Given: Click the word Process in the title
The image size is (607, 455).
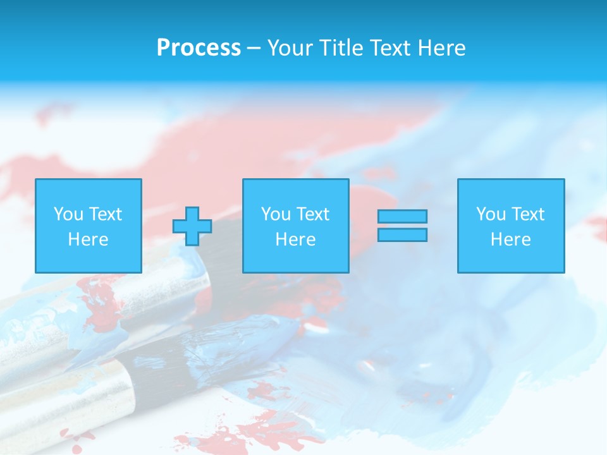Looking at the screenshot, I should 199,48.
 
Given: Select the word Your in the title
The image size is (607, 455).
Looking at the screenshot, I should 290,48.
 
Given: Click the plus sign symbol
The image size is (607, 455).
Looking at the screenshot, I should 192,226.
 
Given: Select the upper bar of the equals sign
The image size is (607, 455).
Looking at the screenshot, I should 402,216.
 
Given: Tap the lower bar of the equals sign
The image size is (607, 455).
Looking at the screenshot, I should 402,235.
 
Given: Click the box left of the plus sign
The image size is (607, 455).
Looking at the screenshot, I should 89,226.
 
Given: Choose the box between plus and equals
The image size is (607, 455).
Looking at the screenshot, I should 296,226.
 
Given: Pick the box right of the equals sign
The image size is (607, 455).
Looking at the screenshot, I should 511,226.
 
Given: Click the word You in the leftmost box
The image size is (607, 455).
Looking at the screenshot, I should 68,214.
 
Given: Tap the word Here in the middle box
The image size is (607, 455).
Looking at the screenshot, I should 296,240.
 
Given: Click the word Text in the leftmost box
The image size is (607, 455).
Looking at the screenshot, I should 106,214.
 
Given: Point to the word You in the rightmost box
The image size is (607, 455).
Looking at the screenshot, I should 491,214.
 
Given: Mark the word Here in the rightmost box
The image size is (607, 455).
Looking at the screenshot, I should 511,240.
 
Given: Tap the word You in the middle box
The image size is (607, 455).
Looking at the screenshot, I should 276,214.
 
